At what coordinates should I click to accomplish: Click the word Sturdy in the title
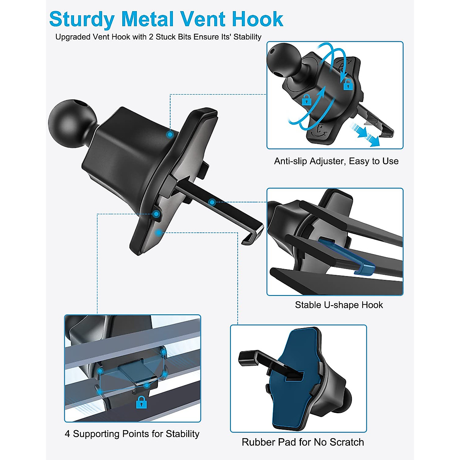82,20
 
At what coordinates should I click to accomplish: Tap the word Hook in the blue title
258,19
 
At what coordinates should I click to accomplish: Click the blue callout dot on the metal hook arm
211,202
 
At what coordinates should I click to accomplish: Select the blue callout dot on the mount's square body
169,135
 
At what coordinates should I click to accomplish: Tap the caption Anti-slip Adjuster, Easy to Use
336,161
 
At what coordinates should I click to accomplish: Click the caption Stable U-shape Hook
339,305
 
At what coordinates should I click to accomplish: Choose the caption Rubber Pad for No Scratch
303,442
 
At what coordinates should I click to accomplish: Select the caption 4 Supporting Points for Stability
132,434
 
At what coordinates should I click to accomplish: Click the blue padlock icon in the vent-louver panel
141,402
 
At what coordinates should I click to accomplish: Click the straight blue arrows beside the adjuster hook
366,135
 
